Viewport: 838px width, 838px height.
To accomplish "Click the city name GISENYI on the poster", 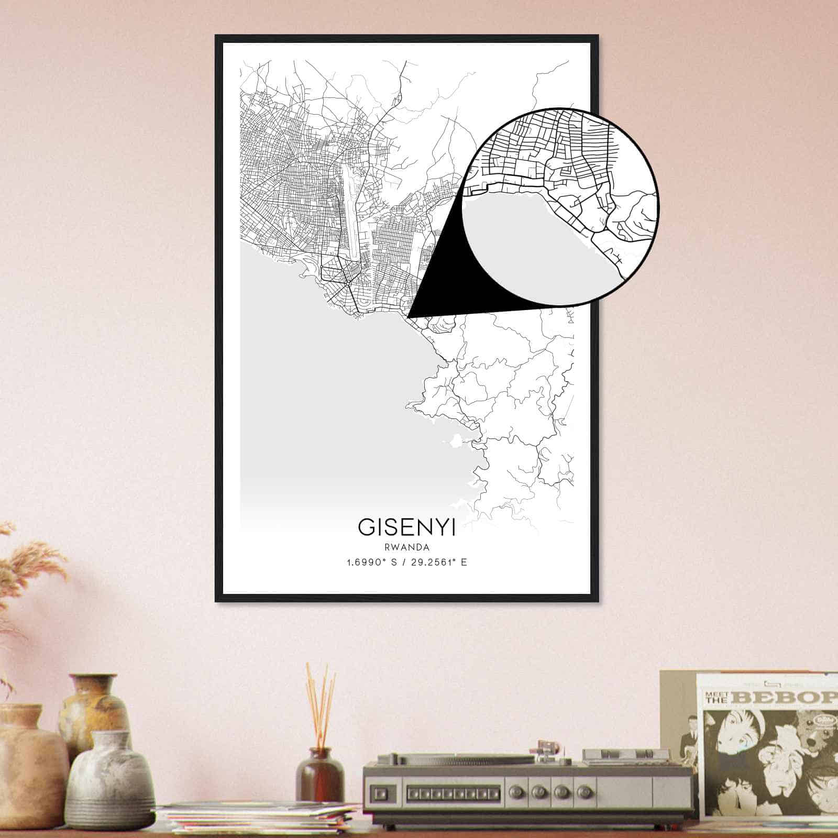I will (406, 527).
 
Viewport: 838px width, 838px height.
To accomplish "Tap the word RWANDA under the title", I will (406, 548).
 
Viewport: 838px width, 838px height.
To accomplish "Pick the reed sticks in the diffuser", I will (320, 702).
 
